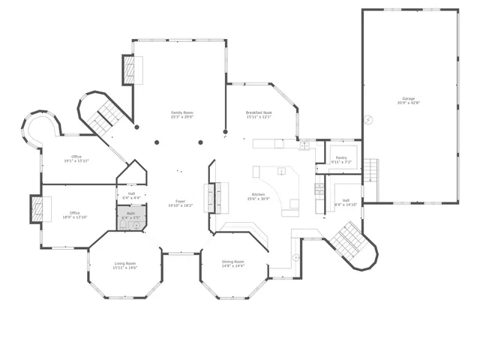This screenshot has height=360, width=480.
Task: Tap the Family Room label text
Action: pyautogui.click(x=181, y=115)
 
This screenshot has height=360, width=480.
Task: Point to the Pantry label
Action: pyautogui.click(x=341, y=159)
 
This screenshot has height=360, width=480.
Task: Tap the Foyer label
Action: pyautogui.click(x=181, y=202)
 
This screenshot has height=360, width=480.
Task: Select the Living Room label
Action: pyautogui.click(x=125, y=265)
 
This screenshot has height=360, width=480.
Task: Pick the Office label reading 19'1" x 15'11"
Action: pyautogui.click(x=76, y=158)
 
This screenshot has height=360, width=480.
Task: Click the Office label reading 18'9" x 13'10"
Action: pyautogui.click(x=75, y=214)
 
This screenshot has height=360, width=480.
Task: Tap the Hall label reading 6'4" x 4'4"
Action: pyautogui.click(x=131, y=196)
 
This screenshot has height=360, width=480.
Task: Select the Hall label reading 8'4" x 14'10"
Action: pyautogui.click(x=346, y=202)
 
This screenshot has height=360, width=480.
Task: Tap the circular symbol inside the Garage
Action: pyautogui.click(x=368, y=118)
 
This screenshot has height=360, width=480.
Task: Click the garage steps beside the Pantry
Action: pyautogui.click(x=371, y=170)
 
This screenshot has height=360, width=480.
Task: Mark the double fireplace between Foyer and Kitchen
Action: pyautogui.click(x=211, y=199)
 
